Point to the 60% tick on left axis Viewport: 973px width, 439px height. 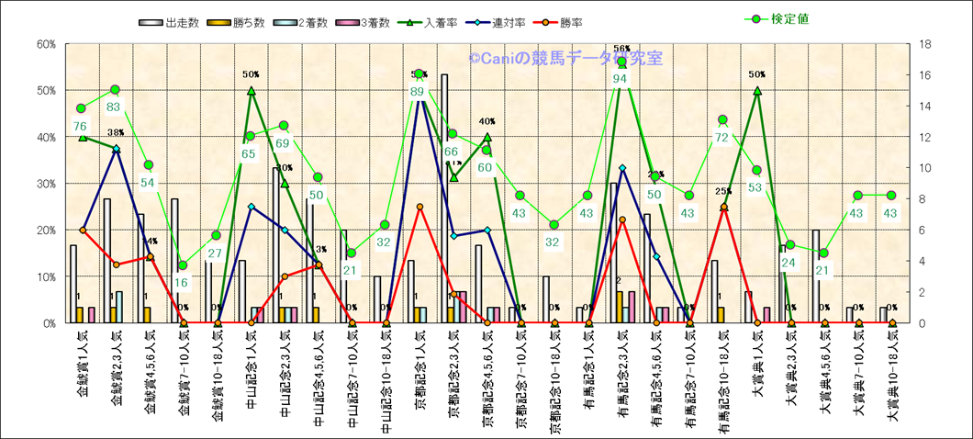point(45,44)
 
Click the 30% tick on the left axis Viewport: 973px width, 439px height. point(45,184)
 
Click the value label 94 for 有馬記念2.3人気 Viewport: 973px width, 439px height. point(621,79)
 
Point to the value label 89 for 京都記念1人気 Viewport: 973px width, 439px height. point(419,91)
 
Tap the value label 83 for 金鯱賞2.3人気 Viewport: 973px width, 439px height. point(114,107)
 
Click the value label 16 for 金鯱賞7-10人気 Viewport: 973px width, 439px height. point(182,283)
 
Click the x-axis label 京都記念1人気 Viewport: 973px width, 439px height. point(419,379)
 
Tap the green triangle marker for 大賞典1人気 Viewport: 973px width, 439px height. point(757,91)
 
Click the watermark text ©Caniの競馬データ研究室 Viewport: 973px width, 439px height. point(565,59)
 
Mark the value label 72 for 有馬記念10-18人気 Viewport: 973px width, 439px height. point(722,138)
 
